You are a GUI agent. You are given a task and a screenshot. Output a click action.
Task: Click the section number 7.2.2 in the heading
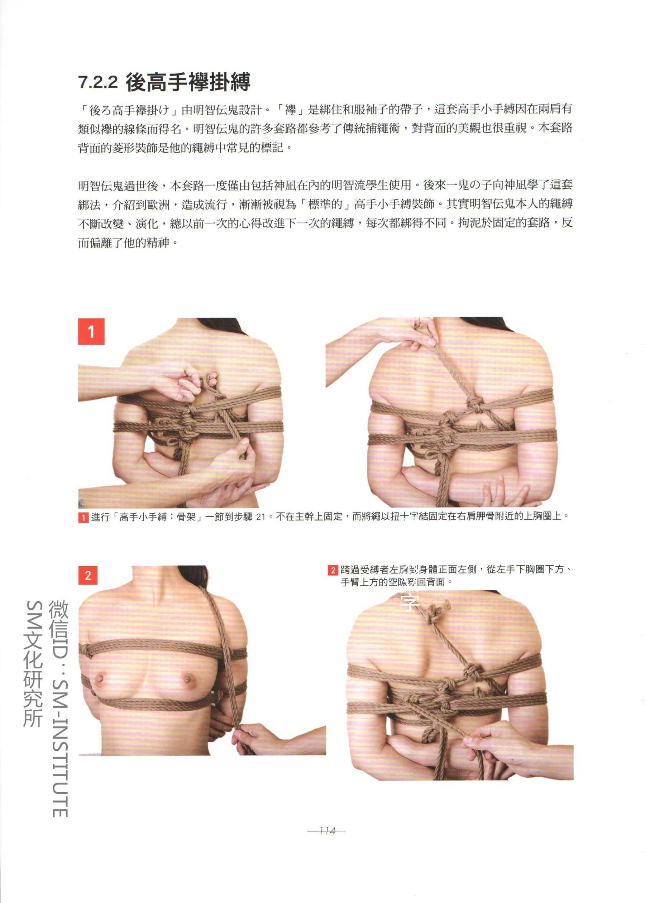tap(98, 82)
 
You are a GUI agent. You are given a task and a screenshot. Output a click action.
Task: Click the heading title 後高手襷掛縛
tap(188, 82)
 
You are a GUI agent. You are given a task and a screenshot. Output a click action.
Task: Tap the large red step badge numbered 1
tap(91, 331)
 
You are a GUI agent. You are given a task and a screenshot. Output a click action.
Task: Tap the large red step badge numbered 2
tap(88, 576)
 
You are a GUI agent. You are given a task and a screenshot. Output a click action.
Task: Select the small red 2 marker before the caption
tap(333, 570)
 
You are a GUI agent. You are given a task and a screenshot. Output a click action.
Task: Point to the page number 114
tap(327, 831)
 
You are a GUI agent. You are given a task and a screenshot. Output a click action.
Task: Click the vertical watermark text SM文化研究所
tap(33, 663)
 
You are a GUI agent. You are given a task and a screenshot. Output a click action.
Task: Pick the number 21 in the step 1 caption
tap(261, 517)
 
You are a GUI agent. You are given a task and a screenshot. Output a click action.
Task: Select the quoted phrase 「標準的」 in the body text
tap(325, 205)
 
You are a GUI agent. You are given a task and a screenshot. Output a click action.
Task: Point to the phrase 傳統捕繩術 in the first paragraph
tap(372, 128)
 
